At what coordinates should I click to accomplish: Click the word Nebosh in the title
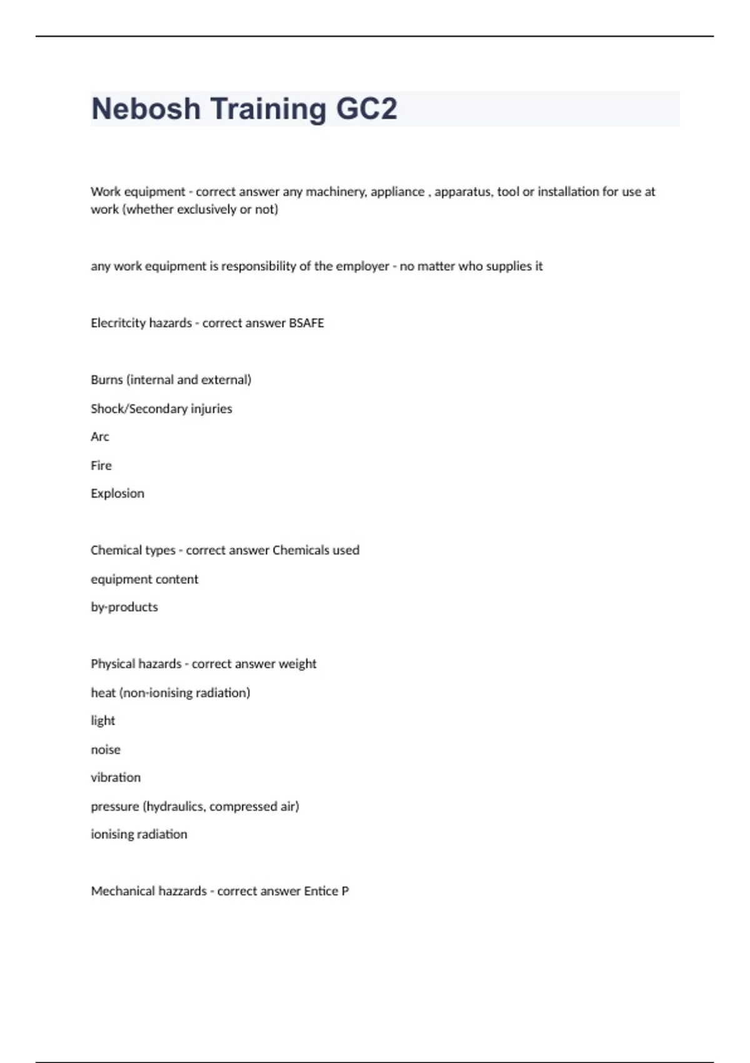[146, 109]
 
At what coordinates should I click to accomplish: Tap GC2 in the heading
[366, 109]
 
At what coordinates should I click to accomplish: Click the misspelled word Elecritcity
[118, 323]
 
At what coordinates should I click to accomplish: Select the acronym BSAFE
[306, 323]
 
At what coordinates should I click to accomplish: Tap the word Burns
[107, 380]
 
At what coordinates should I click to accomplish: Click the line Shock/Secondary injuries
[161, 409]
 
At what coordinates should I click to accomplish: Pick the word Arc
[100, 437]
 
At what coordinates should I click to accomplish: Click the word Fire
[101, 466]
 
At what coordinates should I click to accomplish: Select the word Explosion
[117, 494]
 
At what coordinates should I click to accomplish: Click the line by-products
[124, 607]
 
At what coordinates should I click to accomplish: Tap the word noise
[106, 750]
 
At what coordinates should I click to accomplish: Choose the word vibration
[116, 778]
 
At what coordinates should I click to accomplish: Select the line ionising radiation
[139, 835]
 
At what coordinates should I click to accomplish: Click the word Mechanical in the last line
[117, 892]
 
